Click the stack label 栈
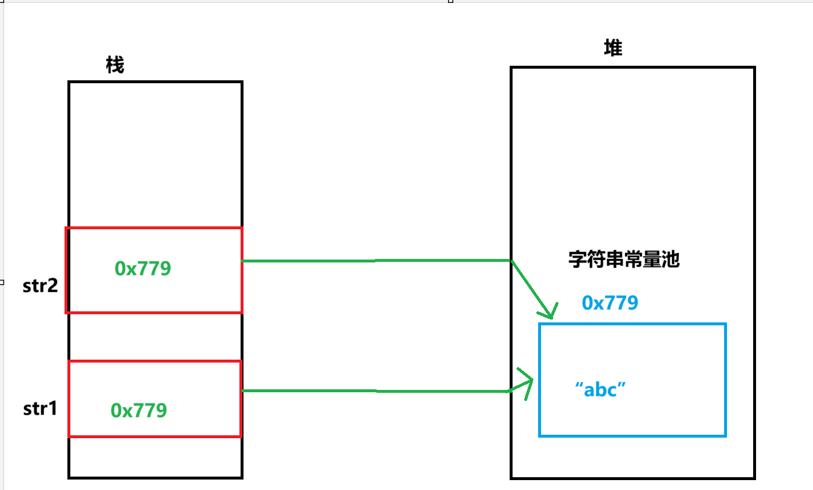(115, 66)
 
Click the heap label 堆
(613, 48)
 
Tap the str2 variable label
(41, 286)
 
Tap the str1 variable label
(40, 409)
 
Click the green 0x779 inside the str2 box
(143, 268)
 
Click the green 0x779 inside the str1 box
(139, 410)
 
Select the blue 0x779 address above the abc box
(610, 303)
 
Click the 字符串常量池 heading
(624, 259)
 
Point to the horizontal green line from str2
(376, 261)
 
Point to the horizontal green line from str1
(376, 391)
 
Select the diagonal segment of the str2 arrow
(530, 288)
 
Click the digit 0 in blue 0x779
(588, 303)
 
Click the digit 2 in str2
(53, 286)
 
